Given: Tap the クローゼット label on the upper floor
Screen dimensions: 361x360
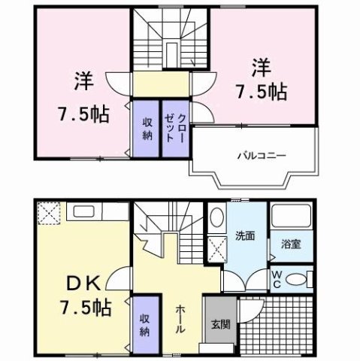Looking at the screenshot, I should pos(176,128).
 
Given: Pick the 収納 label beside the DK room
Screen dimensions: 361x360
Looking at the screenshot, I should pos(146,323).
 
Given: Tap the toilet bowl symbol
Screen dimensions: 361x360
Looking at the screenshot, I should pos(298,279).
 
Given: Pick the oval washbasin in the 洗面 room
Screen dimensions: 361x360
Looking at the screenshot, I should pos(216,218).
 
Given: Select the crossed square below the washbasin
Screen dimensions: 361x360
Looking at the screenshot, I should pos(216,247).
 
